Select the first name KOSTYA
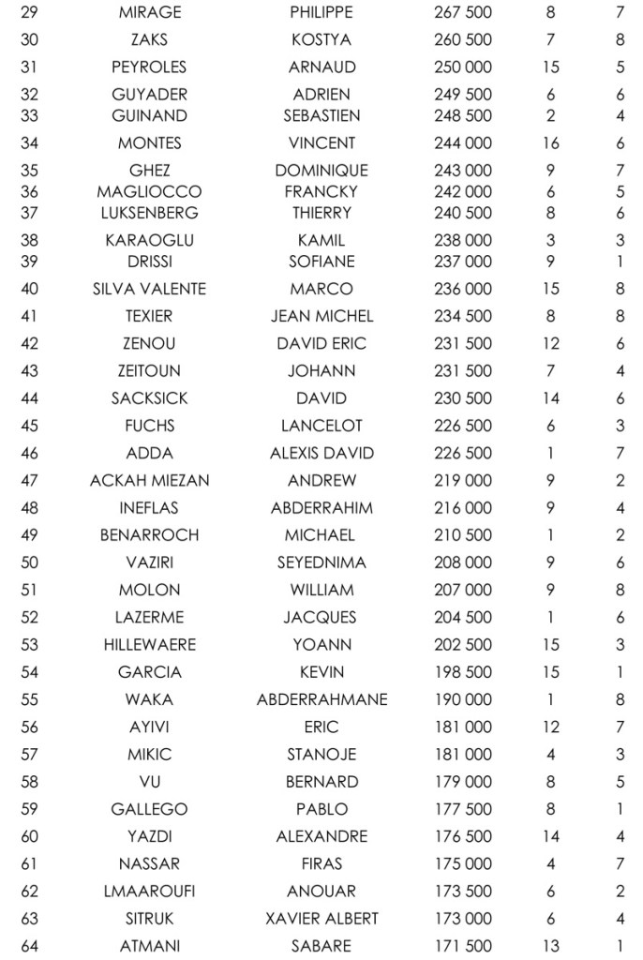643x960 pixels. tap(321, 40)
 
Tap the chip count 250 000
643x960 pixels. tap(463, 67)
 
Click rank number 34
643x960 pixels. tap(30, 143)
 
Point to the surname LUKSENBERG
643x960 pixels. tap(150, 213)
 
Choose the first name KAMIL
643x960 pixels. tap(321, 240)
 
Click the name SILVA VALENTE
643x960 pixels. tap(150, 289)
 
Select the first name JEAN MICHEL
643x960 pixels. tap(321, 316)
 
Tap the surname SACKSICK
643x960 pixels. tap(150, 398)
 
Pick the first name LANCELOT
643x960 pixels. tap(321, 426)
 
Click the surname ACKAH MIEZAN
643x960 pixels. tap(150, 481)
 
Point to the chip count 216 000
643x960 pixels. tap(463, 508)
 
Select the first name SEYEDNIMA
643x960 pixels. tap(321, 563)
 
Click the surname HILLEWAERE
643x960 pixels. tap(150, 645)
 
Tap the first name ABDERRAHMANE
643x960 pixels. tap(321, 700)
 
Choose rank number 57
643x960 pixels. tap(30, 755)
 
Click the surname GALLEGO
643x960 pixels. tap(150, 809)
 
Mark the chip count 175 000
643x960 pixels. tap(463, 863)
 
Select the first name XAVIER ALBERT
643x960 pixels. tap(321, 918)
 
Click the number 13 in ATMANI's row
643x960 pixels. tap(550, 946)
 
